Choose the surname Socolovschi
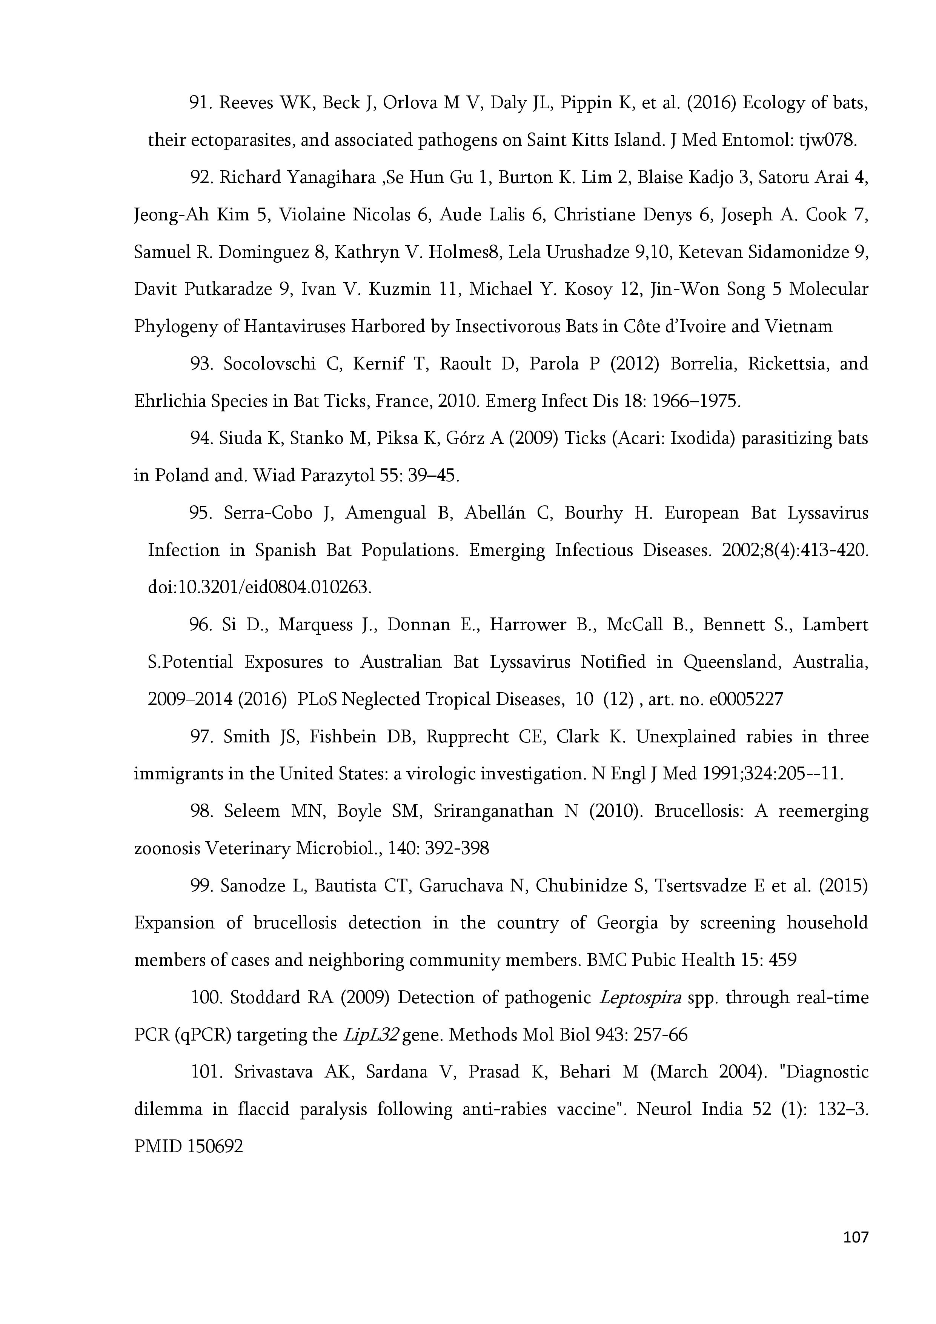click(269, 365)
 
